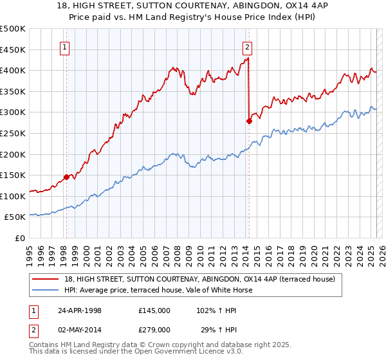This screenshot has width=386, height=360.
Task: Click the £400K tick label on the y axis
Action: (x=14, y=70)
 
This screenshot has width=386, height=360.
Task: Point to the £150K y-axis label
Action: (x=14, y=175)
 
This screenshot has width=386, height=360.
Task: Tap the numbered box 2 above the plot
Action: (x=248, y=46)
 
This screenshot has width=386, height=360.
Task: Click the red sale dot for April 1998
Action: (x=66, y=177)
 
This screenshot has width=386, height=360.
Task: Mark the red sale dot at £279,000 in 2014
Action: (x=249, y=121)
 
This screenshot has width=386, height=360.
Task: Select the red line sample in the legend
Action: (x=46, y=279)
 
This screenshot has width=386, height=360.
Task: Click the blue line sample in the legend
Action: (x=46, y=290)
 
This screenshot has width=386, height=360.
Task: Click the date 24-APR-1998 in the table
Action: (x=80, y=310)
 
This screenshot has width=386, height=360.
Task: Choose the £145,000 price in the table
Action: (x=154, y=310)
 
